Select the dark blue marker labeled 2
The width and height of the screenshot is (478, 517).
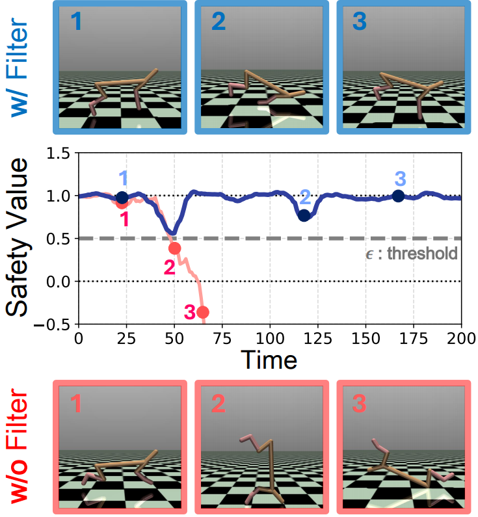pos(304,215)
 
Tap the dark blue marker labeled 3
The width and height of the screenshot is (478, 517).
pos(398,196)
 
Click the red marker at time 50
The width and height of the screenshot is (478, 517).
pos(174,248)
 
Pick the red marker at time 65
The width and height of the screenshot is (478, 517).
pos(203,312)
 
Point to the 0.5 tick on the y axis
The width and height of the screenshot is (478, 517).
pos(60,239)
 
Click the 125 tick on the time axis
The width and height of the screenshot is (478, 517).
pos(317,338)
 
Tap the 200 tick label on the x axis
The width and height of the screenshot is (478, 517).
pos(460,338)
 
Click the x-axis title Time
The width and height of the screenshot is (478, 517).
pos(269,359)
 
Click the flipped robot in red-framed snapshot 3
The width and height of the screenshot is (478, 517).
pos(403,468)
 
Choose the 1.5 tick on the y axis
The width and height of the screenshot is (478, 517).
pos(60,154)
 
